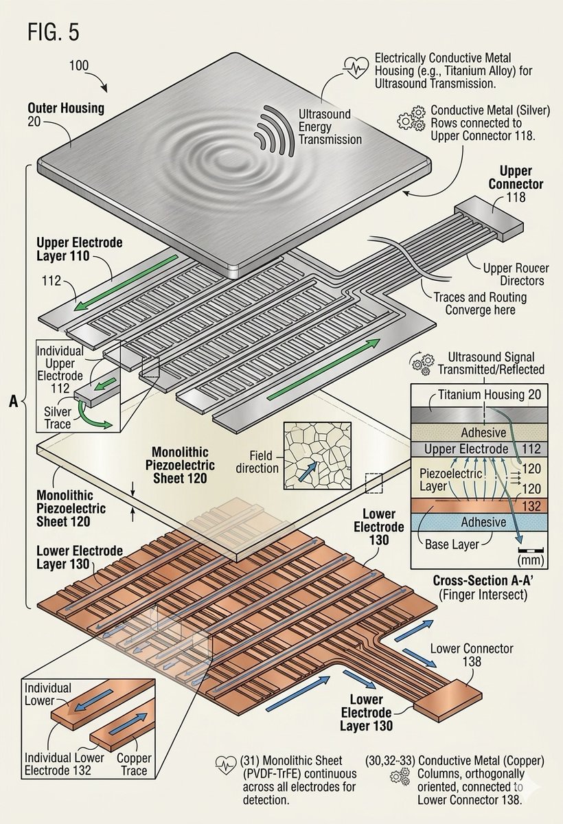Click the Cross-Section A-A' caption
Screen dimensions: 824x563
pyautogui.click(x=479, y=585)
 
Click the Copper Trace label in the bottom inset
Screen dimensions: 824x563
pyautogui.click(x=133, y=764)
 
